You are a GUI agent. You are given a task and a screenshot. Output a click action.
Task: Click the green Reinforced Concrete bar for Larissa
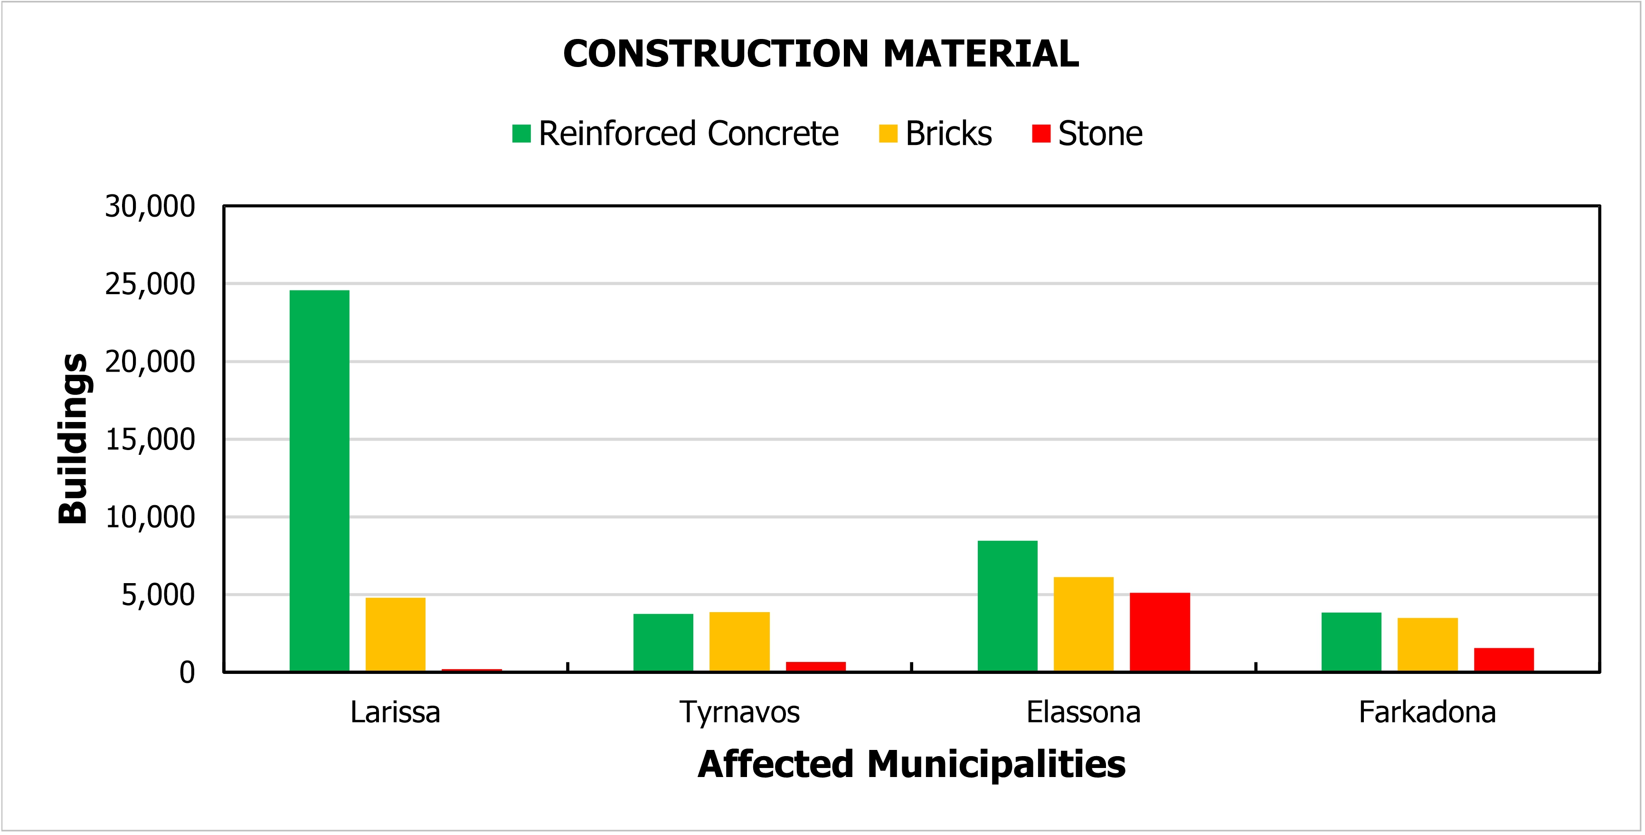point(319,480)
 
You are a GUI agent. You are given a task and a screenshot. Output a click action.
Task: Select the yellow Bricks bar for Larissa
point(395,634)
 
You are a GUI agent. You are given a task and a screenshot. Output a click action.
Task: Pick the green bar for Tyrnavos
point(663,642)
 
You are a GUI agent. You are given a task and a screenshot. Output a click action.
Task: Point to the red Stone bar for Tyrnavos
point(815,666)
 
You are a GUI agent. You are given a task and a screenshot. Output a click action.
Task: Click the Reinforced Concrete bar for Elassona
point(1007,605)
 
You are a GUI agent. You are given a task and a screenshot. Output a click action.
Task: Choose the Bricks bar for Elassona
point(1083,624)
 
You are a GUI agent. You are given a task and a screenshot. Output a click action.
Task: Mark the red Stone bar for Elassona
point(1160,632)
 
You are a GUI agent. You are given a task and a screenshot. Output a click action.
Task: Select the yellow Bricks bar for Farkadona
point(1427,644)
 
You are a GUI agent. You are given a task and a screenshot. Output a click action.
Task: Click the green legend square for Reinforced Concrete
point(521,134)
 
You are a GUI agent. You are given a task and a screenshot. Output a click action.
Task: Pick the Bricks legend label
point(948,134)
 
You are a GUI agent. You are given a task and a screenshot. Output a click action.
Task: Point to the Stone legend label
point(1100,134)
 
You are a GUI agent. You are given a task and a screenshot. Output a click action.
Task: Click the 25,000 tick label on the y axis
point(150,284)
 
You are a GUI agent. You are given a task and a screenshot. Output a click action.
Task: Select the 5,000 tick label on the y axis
point(158,595)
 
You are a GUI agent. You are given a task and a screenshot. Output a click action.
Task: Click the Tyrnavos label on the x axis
point(739,712)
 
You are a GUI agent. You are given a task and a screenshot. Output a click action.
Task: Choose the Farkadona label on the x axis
point(1427,712)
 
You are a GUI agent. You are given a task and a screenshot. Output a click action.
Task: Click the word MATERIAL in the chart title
point(981,54)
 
